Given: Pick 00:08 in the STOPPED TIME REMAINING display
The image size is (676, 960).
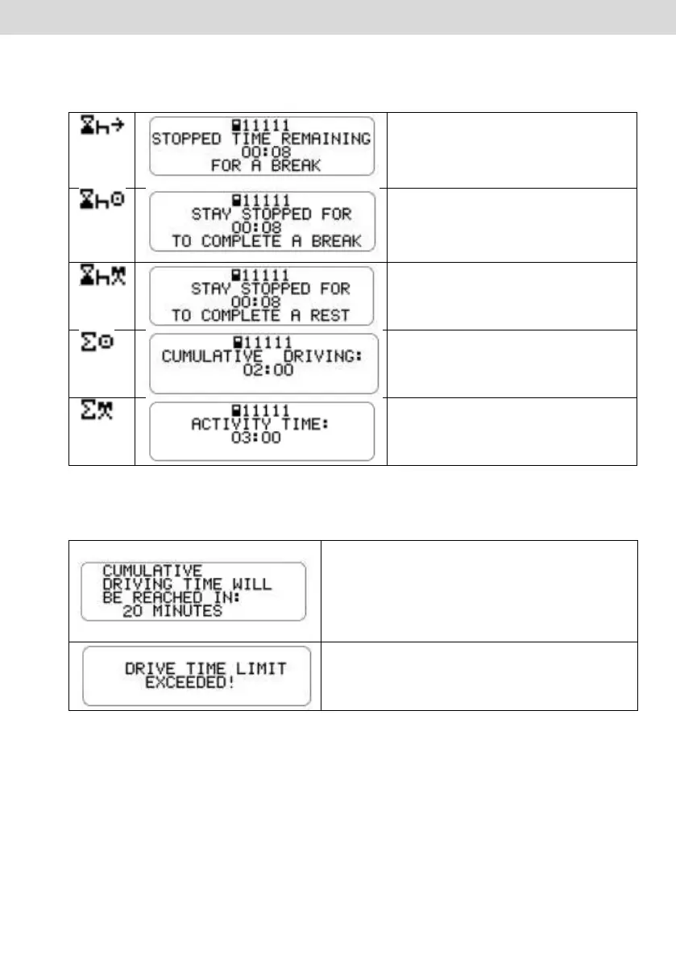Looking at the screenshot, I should click(262, 151).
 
